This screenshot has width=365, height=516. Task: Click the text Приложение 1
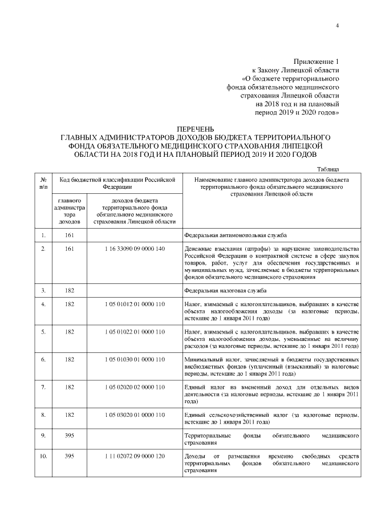click(x=317, y=61)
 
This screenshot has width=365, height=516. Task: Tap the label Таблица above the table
click(x=328, y=169)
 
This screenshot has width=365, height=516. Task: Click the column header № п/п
click(x=43, y=182)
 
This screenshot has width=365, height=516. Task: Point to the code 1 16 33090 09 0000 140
click(x=135, y=249)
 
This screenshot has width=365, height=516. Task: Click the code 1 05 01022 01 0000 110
click(x=135, y=331)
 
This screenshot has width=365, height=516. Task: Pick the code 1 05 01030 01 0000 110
click(x=135, y=359)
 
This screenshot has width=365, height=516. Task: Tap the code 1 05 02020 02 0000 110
click(x=135, y=387)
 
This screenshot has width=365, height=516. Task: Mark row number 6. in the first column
click(x=43, y=359)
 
